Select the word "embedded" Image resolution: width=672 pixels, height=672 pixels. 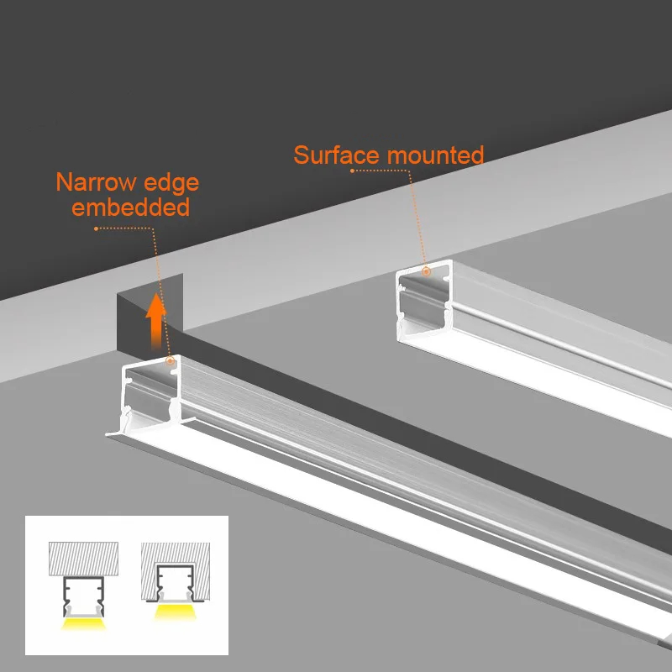click(x=130, y=207)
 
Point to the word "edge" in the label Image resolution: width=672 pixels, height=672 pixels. click(x=171, y=182)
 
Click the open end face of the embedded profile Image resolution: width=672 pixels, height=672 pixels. click(x=152, y=391)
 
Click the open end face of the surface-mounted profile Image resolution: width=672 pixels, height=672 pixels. click(x=423, y=307)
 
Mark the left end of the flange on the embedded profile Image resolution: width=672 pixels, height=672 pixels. click(x=108, y=434)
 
